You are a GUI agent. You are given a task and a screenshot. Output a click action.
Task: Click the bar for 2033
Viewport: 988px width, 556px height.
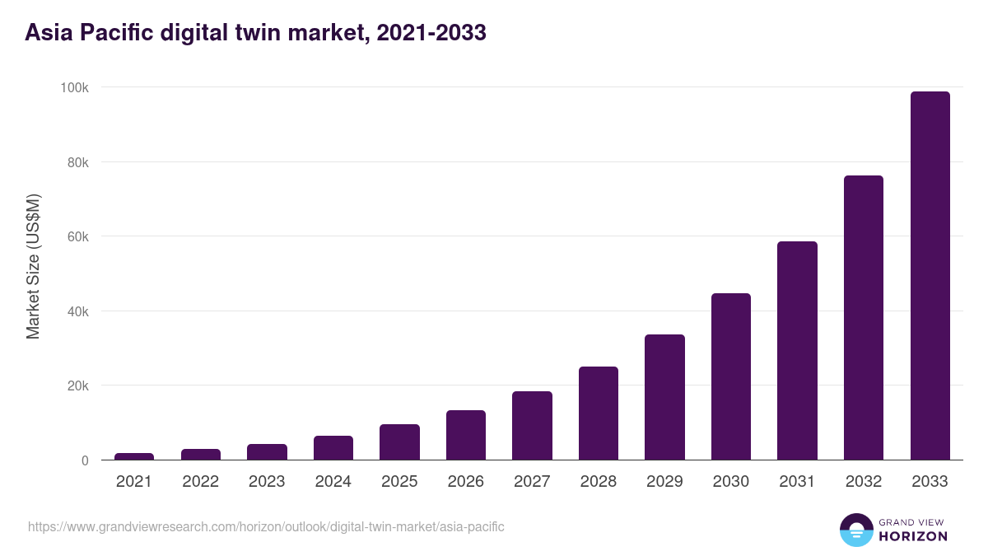click(930, 276)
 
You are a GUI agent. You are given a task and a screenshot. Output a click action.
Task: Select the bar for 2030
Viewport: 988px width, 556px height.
click(730, 376)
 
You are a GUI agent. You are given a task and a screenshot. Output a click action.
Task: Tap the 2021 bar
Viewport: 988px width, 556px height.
click(134, 456)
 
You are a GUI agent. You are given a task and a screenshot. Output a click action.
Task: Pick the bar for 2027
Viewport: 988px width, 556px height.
click(532, 425)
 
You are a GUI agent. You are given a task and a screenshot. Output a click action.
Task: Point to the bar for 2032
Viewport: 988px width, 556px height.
click(863, 318)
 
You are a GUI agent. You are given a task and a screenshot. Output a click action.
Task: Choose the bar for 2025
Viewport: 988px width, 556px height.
click(399, 442)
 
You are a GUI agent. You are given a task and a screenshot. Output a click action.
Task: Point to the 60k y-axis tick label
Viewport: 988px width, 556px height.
click(77, 236)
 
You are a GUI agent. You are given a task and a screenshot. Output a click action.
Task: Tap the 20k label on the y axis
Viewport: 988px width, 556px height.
click(77, 385)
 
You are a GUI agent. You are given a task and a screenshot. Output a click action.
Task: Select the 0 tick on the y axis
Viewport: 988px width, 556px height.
click(85, 460)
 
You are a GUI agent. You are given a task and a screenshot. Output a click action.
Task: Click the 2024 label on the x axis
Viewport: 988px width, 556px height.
click(333, 482)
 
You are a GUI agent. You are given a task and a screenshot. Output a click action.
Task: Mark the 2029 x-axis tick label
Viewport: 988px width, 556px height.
click(664, 482)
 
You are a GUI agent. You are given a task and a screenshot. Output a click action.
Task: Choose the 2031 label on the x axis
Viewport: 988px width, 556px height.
click(797, 482)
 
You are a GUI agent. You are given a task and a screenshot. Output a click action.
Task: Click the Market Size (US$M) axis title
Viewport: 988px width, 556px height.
click(33, 266)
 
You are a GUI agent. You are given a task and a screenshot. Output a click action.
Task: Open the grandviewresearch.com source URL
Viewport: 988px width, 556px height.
click(266, 526)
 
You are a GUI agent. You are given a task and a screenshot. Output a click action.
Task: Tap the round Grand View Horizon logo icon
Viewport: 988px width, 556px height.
click(855, 530)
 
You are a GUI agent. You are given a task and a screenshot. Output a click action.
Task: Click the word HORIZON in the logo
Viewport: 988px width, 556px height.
click(913, 536)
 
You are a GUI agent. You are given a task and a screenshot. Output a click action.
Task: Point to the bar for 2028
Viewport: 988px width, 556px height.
click(599, 413)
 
